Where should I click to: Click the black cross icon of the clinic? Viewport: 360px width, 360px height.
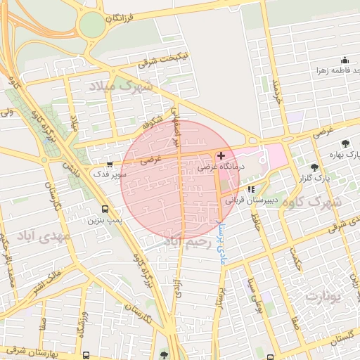(222, 155)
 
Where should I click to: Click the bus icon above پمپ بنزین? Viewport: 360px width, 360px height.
(105, 209)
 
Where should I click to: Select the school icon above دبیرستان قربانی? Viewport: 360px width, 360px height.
(251, 189)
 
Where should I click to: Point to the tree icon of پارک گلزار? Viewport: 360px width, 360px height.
(314, 167)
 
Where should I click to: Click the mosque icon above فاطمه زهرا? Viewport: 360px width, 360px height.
(345, 60)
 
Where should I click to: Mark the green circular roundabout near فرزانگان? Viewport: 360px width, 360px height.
(91, 27)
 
